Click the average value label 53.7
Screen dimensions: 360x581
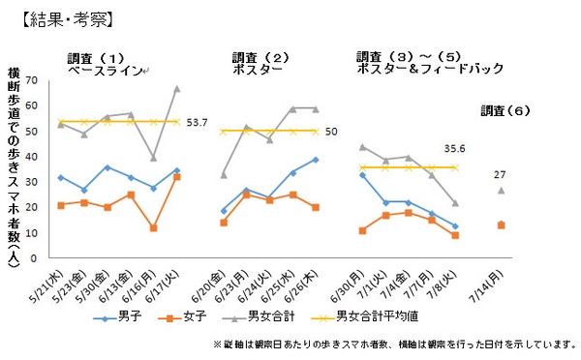(198, 122)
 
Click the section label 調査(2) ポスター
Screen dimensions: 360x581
(258, 62)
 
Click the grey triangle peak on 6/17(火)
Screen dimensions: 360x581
(176, 88)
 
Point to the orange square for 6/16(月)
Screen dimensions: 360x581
(154, 227)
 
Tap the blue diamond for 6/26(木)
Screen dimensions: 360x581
(315, 159)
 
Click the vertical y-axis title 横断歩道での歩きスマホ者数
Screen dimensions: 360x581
(15, 165)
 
